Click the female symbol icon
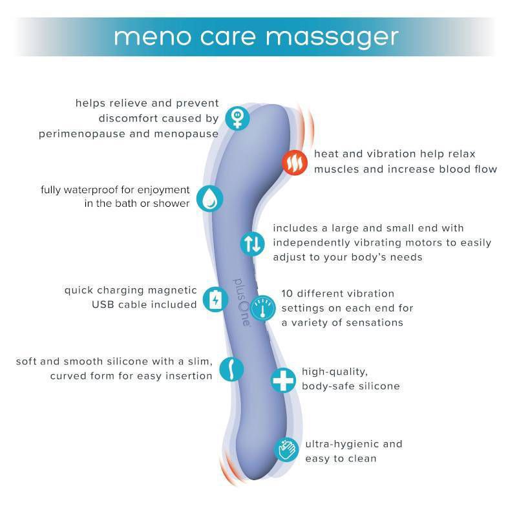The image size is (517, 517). (x=238, y=118)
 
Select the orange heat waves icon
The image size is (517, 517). (x=295, y=164)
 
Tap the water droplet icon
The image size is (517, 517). (x=209, y=198)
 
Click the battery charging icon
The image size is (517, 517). (x=215, y=299)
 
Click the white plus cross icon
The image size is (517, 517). (x=283, y=380)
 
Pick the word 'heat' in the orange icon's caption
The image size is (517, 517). (x=327, y=154)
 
